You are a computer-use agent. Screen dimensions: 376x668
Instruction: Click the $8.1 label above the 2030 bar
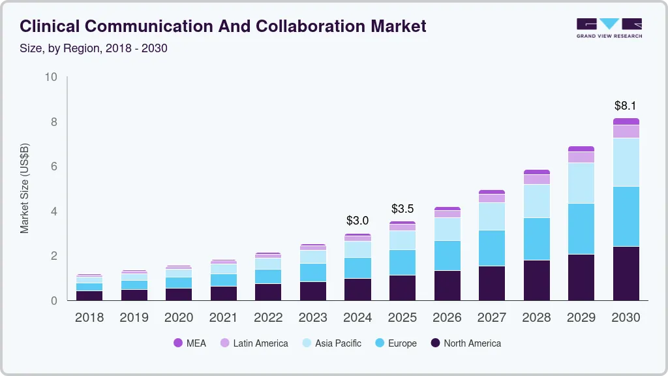(x=626, y=105)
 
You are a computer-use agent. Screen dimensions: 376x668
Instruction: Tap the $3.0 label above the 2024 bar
(x=357, y=220)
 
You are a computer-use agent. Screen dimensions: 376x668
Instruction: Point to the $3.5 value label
(x=402, y=209)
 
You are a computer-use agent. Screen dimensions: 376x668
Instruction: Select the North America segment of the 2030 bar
(x=626, y=273)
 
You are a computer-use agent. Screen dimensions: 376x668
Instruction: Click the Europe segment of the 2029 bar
(x=581, y=228)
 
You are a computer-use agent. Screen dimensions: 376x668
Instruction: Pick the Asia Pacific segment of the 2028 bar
(x=536, y=200)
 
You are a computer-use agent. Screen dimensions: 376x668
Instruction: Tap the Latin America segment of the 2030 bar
(x=626, y=131)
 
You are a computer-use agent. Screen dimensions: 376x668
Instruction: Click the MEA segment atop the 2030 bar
(x=626, y=121)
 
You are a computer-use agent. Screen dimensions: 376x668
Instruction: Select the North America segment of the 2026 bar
(x=447, y=285)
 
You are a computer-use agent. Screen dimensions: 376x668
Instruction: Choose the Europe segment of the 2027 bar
(x=492, y=247)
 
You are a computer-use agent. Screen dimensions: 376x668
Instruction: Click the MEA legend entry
(x=190, y=343)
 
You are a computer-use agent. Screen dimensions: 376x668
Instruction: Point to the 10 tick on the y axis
(x=51, y=77)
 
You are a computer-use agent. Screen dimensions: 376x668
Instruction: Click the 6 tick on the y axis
(x=53, y=166)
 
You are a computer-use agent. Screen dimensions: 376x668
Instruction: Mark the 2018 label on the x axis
(x=89, y=317)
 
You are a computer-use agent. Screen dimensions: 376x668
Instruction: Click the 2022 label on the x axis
(x=268, y=317)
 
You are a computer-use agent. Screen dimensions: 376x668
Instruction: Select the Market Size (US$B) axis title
(x=24, y=189)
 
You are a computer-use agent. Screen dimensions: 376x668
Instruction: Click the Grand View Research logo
(x=609, y=27)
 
